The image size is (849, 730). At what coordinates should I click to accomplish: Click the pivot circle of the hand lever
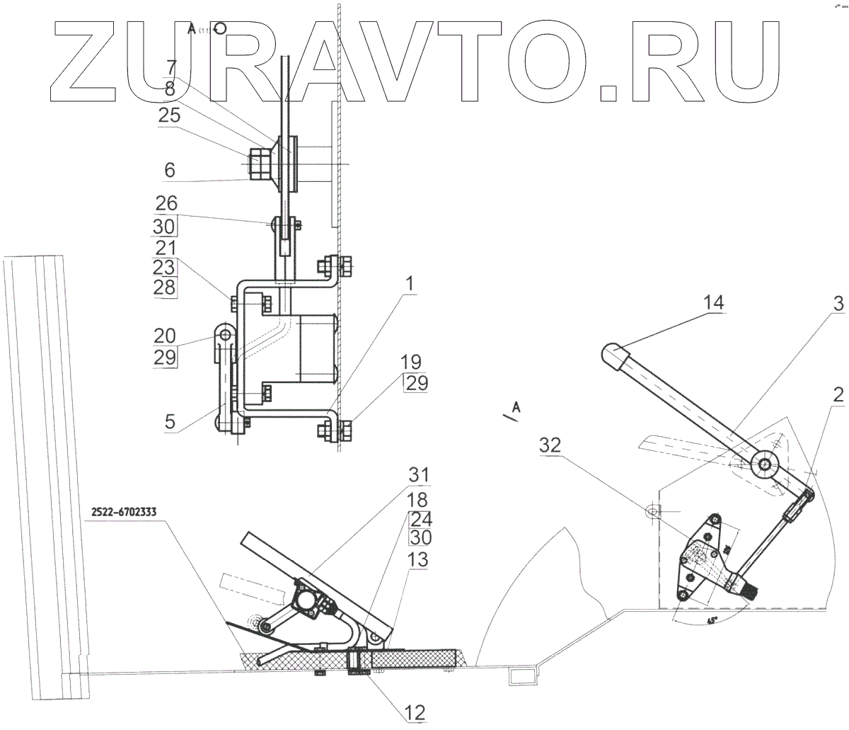pos(766,464)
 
